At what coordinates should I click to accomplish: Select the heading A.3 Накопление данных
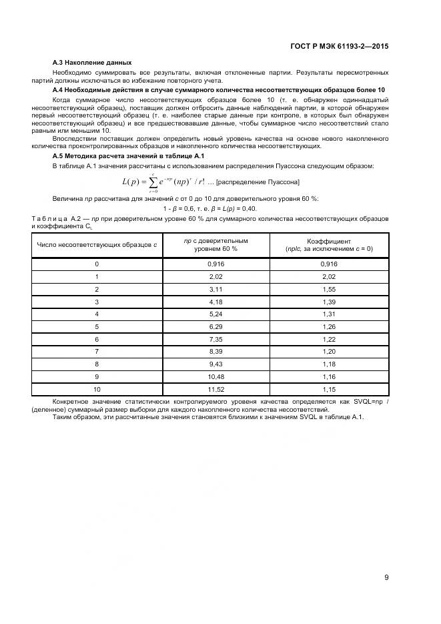coord(87,62)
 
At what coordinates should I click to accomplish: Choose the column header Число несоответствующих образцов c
coord(97,245)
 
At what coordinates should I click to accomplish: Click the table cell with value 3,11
coord(215,289)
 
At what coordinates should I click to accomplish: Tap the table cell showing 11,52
coord(215,388)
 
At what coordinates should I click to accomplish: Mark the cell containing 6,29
coord(215,326)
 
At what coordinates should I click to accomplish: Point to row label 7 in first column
coord(97,350)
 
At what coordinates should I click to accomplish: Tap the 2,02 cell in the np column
coord(215,276)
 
